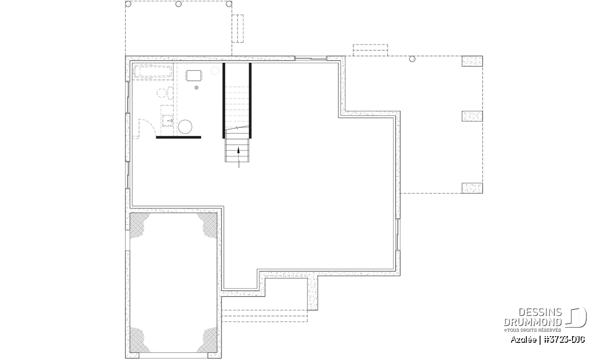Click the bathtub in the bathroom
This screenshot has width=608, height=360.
click(153, 71)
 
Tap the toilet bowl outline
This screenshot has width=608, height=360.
click(162, 93)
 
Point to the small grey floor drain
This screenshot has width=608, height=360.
click(197, 88)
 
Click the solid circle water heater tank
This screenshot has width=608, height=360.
click(185, 127)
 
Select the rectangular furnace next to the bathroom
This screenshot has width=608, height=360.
click(194, 75)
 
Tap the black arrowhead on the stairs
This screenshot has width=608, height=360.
click(239, 150)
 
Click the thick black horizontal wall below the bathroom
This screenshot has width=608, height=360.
click(178, 137)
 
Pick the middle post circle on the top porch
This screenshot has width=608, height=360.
click(178, 4)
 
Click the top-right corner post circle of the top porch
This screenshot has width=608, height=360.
click(229, 4)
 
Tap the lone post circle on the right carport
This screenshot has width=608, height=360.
click(412, 59)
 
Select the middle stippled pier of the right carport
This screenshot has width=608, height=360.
click(472, 116)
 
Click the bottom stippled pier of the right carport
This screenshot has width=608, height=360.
click(472, 188)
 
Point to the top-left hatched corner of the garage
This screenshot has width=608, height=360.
click(138, 224)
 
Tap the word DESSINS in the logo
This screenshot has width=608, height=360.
click(540, 312)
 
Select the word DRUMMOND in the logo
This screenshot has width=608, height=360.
click(533, 322)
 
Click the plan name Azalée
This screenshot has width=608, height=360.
click(523, 340)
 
